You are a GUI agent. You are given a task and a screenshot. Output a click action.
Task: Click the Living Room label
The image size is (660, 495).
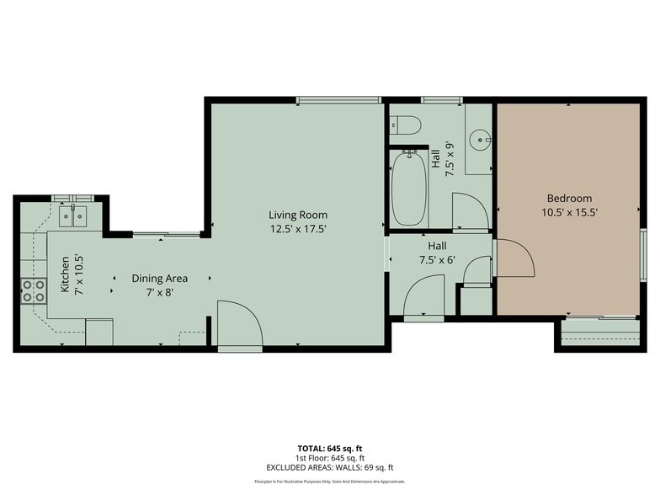click(x=298, y=215)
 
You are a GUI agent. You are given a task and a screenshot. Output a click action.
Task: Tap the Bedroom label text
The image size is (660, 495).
click(x=569, y=199)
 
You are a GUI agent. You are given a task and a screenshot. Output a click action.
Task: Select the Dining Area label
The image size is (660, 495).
click(x=159, y=278)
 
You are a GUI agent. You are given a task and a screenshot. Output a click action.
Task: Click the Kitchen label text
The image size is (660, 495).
click(x=65, y=274)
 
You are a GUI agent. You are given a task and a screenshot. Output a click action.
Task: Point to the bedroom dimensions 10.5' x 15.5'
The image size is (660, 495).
click(x=569, y=213)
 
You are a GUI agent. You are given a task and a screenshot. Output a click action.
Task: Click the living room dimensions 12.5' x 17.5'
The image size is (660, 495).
click(x=298, y=228)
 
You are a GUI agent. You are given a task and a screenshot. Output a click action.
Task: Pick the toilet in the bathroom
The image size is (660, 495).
click(x=406, y=125)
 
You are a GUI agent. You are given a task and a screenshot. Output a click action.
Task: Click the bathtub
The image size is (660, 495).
click(x=409, y=188)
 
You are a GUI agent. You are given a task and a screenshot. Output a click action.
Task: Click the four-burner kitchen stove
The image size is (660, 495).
click(x=34, y=291)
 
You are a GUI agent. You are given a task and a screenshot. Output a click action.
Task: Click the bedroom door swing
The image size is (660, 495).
click(x=514, y=258)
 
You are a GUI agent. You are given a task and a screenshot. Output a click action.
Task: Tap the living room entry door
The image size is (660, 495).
click(x=239, y=325)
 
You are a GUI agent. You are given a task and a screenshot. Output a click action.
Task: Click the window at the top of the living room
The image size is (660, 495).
click(x=339, y=100)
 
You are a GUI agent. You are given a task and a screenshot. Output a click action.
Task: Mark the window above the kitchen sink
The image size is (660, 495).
click(x=72, y=199)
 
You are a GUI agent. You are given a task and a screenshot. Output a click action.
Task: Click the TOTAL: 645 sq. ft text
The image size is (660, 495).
click(x=329, y=449)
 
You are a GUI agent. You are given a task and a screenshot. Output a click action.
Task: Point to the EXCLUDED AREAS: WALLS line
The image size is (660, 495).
click(x=329, y=467)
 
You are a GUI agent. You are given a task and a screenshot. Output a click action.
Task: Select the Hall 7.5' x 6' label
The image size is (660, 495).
click(x=437, y=253)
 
